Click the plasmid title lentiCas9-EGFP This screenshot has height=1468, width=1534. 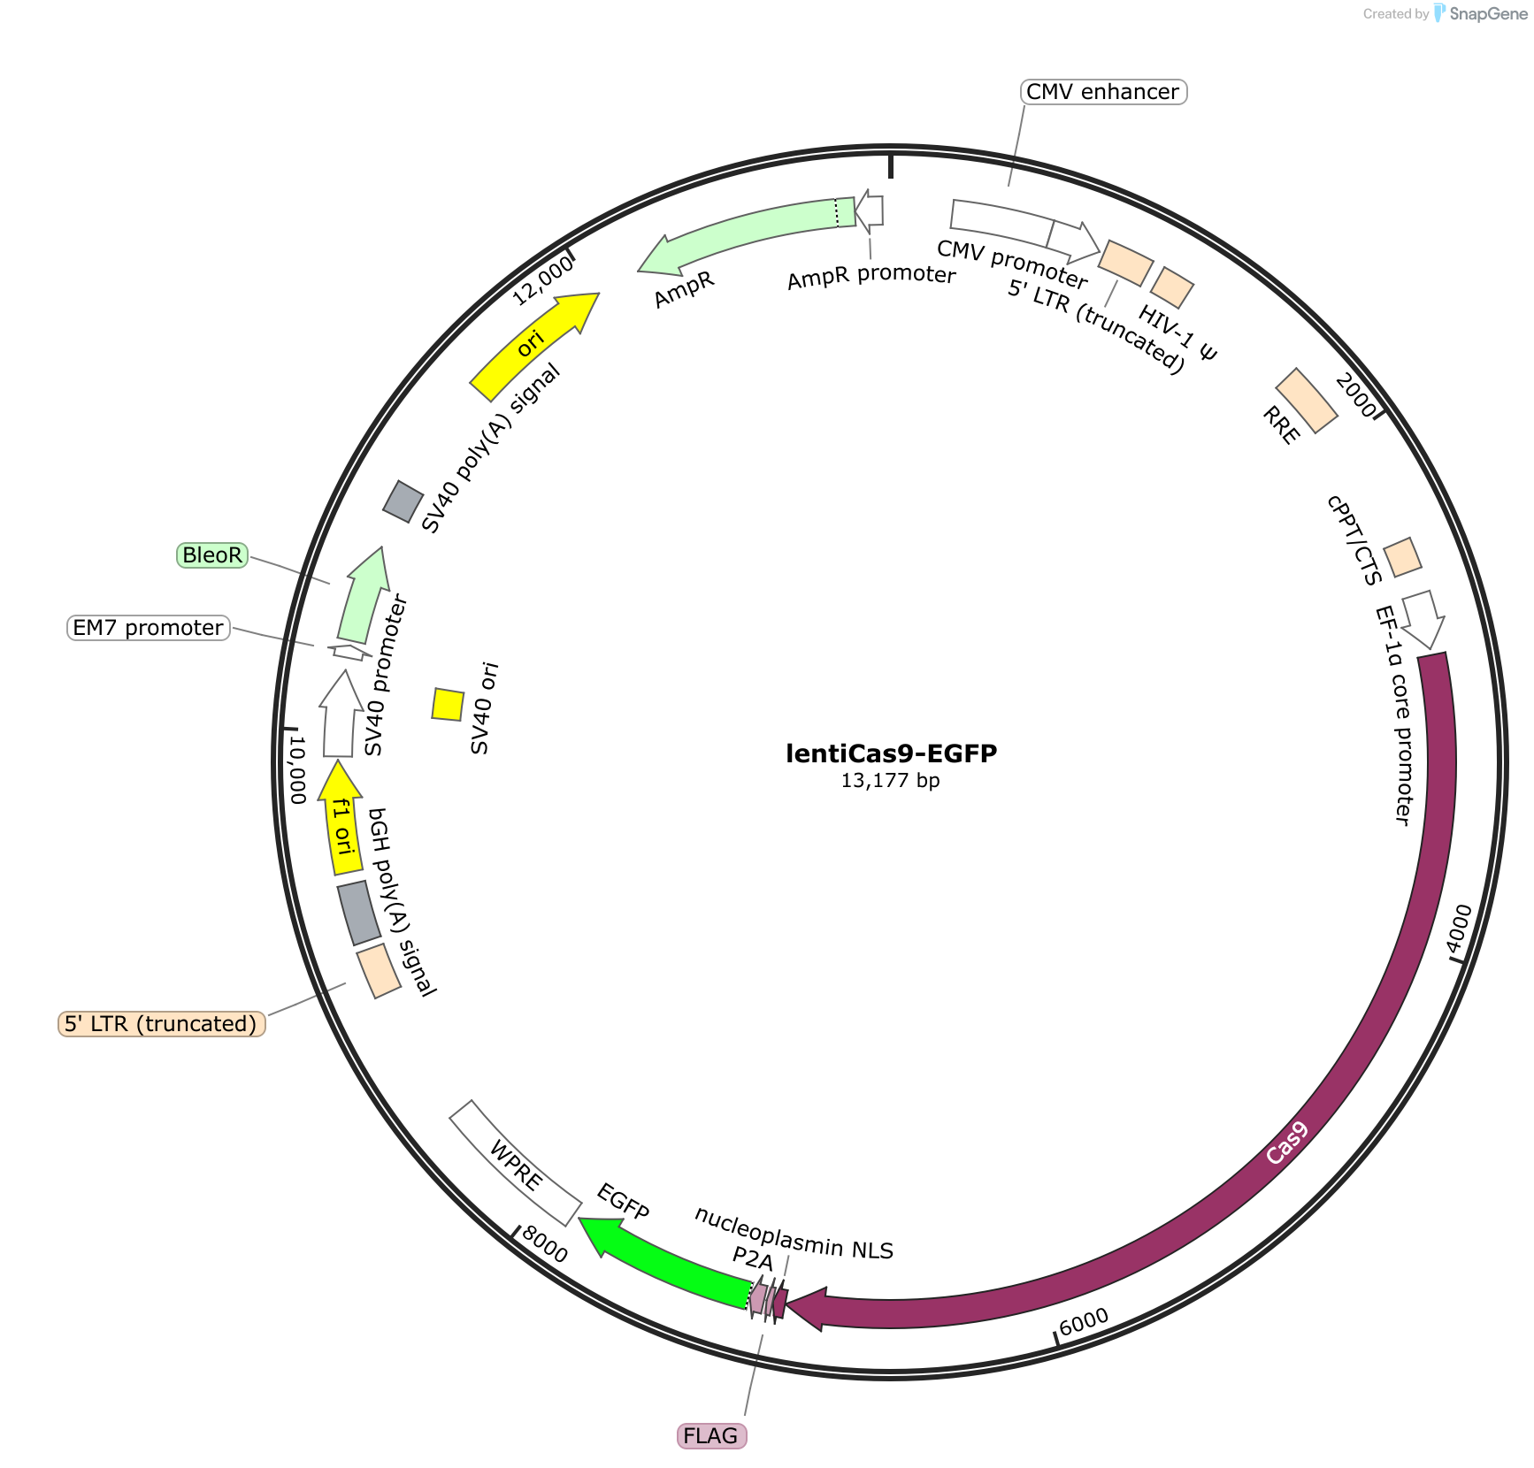click(891, 753)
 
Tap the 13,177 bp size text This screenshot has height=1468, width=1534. click(890, 781)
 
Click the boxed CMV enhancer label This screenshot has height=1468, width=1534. click(1103, 92)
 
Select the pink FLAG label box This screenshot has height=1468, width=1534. click(711, 1435)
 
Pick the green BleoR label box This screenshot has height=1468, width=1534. click(212, 555)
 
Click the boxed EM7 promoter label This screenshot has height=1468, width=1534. click(149, 628)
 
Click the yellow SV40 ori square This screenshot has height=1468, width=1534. click(448, 705)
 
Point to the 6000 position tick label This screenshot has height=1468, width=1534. click(1084, 1321)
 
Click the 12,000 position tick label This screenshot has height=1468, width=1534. click(543, 280)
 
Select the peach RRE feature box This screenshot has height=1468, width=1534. click(1307, 401)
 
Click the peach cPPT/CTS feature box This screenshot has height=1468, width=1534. click(1402, 557)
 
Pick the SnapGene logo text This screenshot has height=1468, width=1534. click(1488, 14)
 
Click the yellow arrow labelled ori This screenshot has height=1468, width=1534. click(533, 345)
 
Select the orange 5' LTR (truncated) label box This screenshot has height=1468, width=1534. click(162, 1024)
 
